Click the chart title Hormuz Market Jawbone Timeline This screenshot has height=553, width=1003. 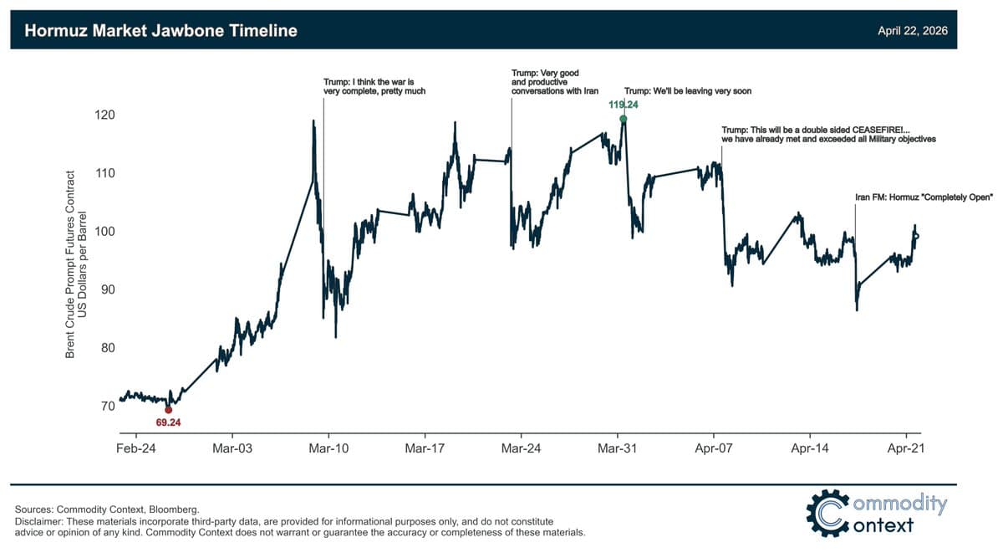(x=160, y=31)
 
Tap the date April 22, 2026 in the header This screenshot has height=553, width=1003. (x=912, y=31)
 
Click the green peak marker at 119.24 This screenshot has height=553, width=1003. (x=623, y=119)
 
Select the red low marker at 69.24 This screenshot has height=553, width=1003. (x=168, y=409)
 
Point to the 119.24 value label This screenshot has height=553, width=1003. (x=623, y=105)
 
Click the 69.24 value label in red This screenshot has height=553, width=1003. (x=168, y=422)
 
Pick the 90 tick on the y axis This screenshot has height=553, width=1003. (x=106, y=289)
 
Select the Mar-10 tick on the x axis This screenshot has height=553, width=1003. (x=328, y=448)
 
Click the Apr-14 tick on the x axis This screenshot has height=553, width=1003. (x=810, y=448)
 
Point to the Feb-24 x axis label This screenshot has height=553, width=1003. (x=136, y=448)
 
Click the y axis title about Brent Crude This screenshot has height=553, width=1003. (x=76, y=265)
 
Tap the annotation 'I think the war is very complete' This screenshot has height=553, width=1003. (x=374, y=86)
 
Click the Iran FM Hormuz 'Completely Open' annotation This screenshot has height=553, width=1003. (x=923, y=197)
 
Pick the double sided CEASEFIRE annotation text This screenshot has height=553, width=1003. (x=827, y=134)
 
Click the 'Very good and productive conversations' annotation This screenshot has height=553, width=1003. (x=555, y=82)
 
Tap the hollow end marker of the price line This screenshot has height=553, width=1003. (x=916, y=236)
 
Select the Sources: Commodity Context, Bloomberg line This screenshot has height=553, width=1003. (x=107, y=509)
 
